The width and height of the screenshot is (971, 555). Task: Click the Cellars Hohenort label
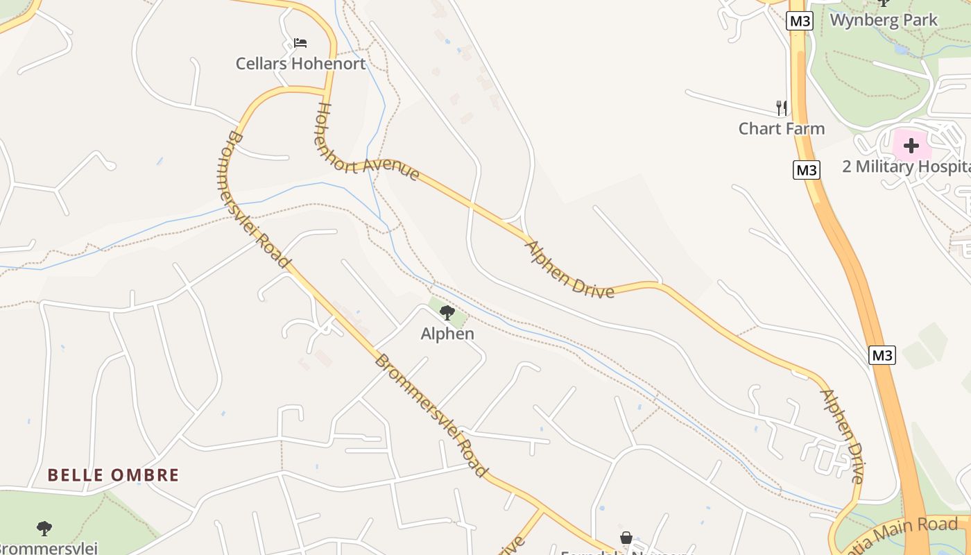point(300,64)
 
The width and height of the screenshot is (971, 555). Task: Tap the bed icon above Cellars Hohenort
point(300,43)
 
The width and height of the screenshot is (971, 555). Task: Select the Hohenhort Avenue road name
point(368,143)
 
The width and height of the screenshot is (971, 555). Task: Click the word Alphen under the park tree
point(447,334)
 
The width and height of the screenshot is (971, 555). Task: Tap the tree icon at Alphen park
point(447,313)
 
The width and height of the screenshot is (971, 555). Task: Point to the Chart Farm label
point(781,128)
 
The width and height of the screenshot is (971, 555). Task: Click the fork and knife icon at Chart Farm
point(782,108)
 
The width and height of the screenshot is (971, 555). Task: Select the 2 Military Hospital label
point(906,166)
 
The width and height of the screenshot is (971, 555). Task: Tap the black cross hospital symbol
point(911,146)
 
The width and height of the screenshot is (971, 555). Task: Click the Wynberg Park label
point(884,20)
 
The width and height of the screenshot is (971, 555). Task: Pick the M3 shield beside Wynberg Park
point(800,21)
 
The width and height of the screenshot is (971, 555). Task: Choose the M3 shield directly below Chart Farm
point(807,170)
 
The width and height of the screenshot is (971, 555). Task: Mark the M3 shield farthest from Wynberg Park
point(882,355)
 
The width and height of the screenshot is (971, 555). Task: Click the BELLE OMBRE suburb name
point(113,475)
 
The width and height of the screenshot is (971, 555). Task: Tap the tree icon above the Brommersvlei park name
point(44,529)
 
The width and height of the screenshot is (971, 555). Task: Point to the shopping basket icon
point(626,538)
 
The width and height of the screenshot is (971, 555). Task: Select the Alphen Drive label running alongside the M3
point(843,436)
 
